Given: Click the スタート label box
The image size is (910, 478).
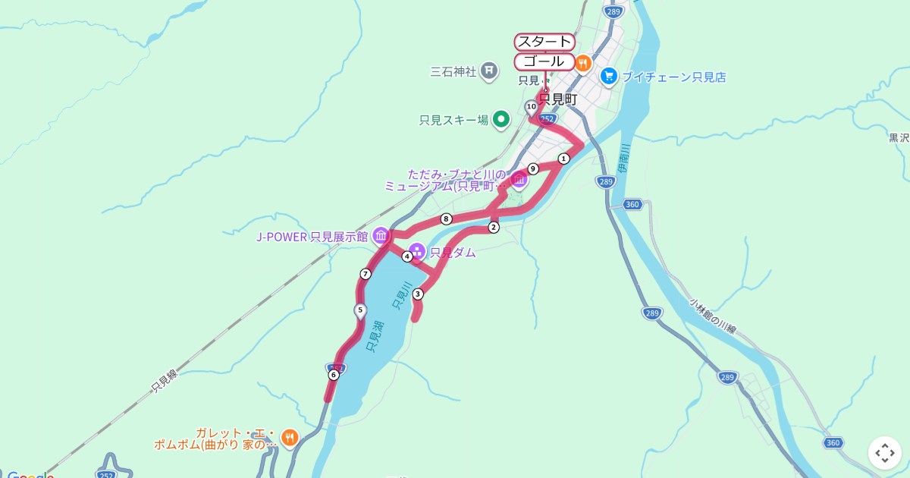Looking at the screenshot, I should [544, 42].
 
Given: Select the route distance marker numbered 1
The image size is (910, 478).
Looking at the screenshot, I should [563, 159].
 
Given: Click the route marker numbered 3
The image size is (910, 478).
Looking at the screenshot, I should [417, 294].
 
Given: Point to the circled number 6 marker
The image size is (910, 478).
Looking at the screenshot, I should [334, 375].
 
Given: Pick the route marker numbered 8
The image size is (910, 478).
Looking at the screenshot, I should [446, 219].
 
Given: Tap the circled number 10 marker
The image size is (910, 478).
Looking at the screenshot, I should [531, 107].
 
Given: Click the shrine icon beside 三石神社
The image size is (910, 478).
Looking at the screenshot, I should [489, 71].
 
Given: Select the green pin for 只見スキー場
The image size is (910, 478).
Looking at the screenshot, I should [500, 119].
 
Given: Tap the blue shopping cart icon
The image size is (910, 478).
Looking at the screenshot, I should [608, 77].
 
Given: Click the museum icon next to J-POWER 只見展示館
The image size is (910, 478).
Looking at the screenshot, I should [380, 236].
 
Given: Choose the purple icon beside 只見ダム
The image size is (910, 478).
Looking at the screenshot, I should [417, 252].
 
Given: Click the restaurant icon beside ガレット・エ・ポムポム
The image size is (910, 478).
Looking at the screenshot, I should [289, 438].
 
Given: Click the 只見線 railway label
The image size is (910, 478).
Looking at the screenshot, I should [164, 382].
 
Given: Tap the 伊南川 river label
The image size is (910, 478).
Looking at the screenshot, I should [623, 158].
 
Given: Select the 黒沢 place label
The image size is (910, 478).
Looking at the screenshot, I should [899, 138].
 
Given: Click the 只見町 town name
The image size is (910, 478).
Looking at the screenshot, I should [558, 99].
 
